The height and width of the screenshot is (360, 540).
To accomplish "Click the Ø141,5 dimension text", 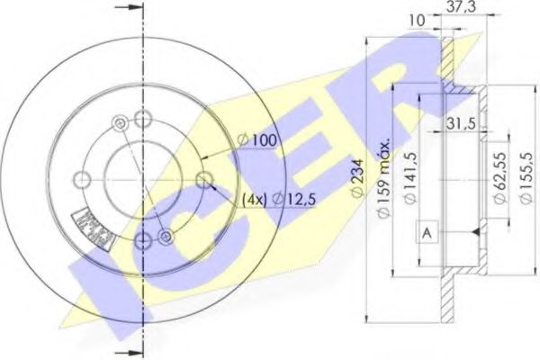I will (410, 180).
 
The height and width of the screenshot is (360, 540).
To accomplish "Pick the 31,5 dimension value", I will (462, 124).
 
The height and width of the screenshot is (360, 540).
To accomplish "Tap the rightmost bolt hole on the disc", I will (204, 178).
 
